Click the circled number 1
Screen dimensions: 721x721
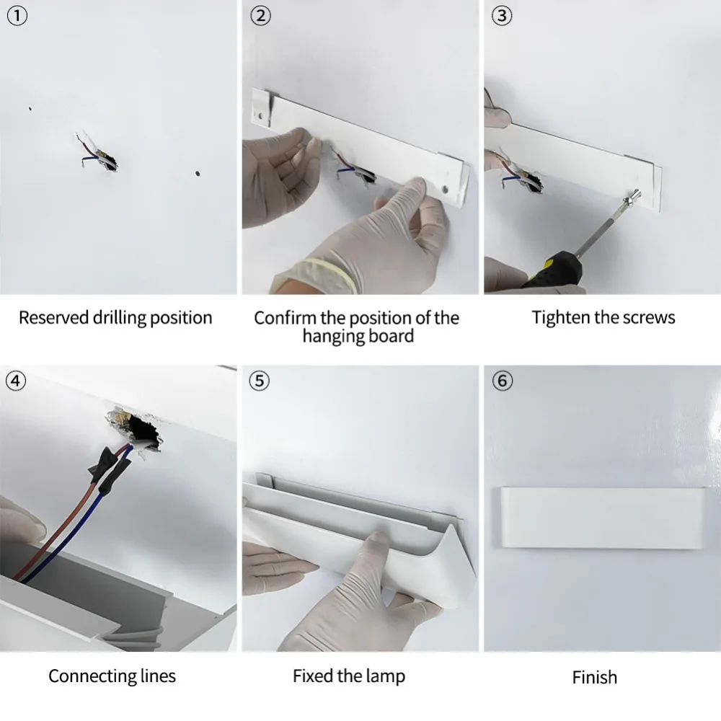(x=17, y=16)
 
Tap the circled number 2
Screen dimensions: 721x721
(x=260, y=16)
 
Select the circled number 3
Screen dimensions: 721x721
(x=501, y=16)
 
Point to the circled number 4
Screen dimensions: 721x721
(x=17, y=381)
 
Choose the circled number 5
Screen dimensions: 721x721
(x=260, y=381)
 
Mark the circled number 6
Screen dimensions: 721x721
(x=501, y=381)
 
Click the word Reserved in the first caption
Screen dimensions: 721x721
(x=53, y=318)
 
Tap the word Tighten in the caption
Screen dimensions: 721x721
(x=561, y=318)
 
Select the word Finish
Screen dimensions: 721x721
(x=594, y=678)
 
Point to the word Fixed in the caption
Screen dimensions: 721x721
(x=311, y=676)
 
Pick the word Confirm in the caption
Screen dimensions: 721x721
(x=284, y=318)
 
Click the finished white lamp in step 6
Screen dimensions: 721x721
(x=601, y=517)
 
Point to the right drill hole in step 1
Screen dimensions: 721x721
(x=197, y=173)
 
